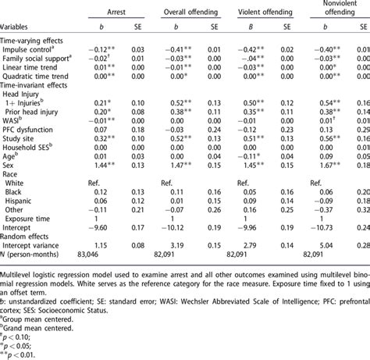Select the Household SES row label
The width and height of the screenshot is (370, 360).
point(37,143)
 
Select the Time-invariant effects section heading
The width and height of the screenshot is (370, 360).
point(38,87)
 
